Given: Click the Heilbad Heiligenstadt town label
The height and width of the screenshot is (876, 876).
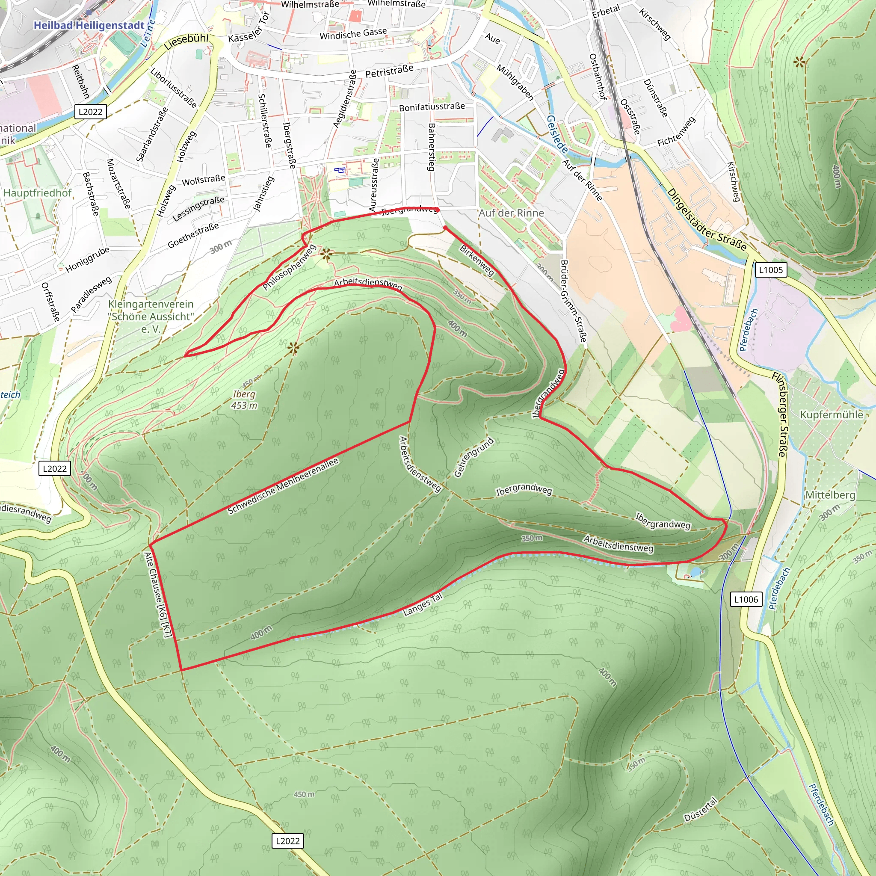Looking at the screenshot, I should [89, 25].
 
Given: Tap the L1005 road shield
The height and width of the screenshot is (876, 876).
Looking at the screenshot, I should [771, 270].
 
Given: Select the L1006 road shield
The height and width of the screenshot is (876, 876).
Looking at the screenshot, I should [746, 599].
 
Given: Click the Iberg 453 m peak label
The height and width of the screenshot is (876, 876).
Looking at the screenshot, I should [244, 400].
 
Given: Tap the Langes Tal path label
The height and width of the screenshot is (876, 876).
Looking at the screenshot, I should [422, 605].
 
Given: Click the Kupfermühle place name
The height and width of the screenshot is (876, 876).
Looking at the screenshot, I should [832, 415].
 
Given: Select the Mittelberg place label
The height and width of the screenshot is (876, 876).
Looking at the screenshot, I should [830, 495].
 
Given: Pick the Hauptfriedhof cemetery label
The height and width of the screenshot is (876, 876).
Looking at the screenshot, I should [38, 193].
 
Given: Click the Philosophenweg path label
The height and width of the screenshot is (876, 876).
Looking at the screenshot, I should [289, 267].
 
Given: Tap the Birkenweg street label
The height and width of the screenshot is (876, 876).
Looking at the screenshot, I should [476, 260].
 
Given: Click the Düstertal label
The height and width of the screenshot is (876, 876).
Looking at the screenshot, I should [701, 810].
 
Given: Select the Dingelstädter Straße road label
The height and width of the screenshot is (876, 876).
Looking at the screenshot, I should [707, 220].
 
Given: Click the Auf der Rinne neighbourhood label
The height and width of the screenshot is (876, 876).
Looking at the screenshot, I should [512, 213].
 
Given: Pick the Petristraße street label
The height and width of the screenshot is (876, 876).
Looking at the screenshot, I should [390, 71].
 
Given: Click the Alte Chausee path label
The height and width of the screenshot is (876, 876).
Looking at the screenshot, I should [158, 595].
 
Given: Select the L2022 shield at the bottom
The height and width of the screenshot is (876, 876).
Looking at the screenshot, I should [287, 841].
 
